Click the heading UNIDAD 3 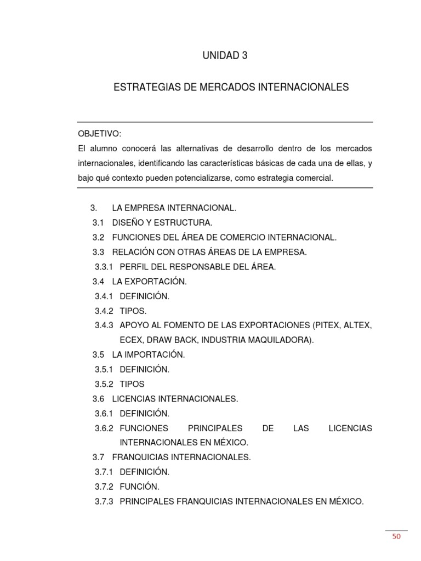click(x=225, y=56)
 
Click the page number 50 click(x=396, y=536)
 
